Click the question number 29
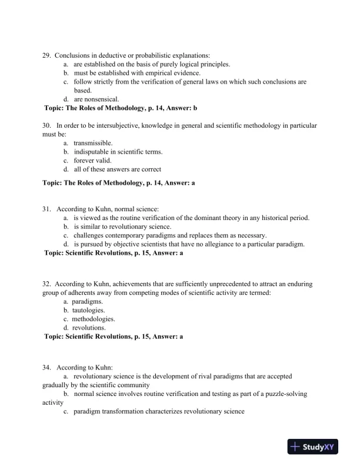pyautogui.click(x=46, y=55)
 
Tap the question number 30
pyautogui.click(x=46, y=126)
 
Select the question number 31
pyautogui.click(x=46, y=209)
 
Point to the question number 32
pyautogui.click(x=46, y=284)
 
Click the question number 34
pyautogui.click(x=46, y=367)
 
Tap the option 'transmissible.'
pyautogui.click(x=93, y=143)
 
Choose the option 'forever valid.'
pyautogui.click(x=92, y=161)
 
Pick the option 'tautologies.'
pyautogui.click(x=89, y=309)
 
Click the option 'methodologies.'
pyautogui.click(x=94, y=318)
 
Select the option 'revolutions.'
pyautogui.click(x=89, y=327)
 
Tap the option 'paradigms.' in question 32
pyautogui.click(x=88, y=301)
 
